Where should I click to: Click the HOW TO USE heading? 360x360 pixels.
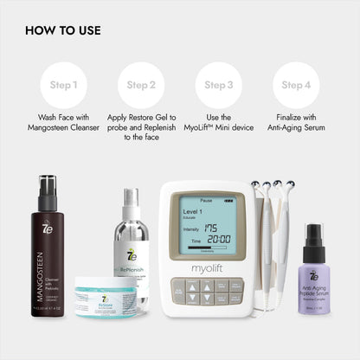tap(63, 30)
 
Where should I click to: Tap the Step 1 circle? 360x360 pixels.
tap(63, 85)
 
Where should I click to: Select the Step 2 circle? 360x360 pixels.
tap(141, 85)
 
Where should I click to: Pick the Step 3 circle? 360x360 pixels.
tap(218, 85)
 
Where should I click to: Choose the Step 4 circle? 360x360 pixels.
tap(296, 85)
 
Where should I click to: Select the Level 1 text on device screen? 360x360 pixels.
tap(192, 209)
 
